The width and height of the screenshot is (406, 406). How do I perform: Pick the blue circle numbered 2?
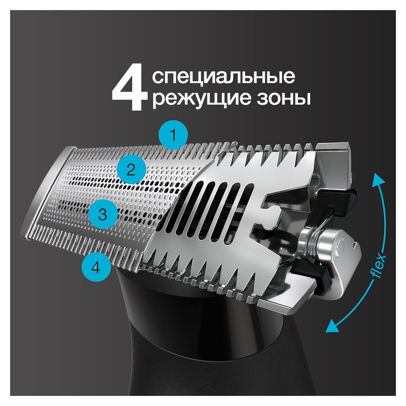coord(131,171)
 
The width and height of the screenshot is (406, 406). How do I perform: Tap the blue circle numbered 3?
coord(102,215)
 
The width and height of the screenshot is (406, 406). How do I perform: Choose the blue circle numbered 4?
coord(96,267)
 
